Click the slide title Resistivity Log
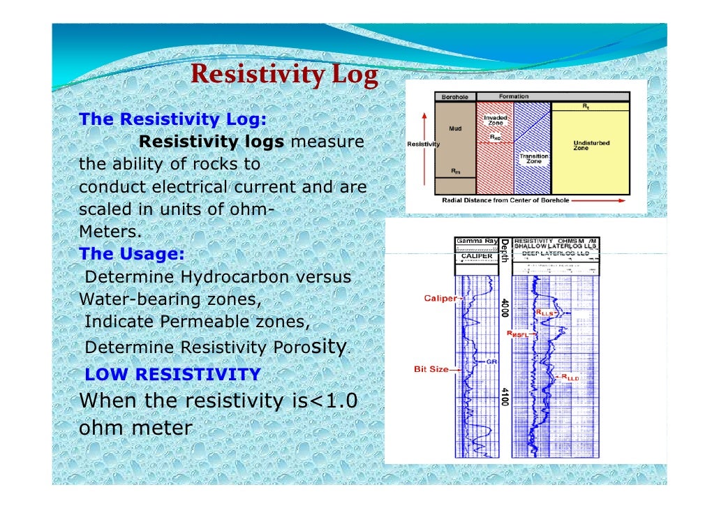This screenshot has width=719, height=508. [284, 74]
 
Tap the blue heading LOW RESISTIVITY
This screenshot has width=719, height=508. [172, 375]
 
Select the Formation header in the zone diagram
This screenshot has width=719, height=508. [513, 96]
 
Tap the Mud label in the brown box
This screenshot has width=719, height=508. [454, 129]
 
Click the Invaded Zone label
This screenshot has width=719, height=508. [495, 120]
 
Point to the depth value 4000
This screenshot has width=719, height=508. [504, 307]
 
